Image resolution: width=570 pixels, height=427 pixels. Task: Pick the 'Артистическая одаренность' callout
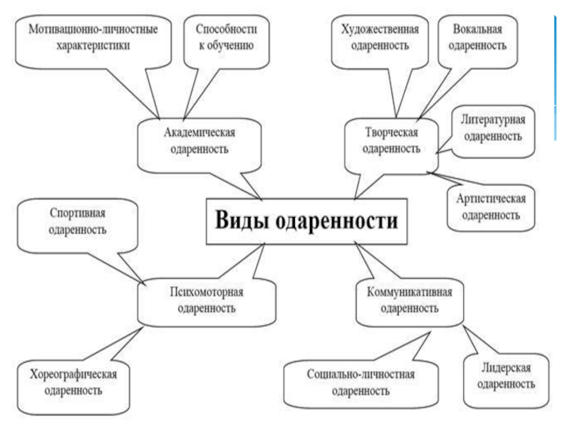point(491,205)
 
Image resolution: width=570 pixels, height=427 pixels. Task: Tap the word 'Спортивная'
point(78,212)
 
